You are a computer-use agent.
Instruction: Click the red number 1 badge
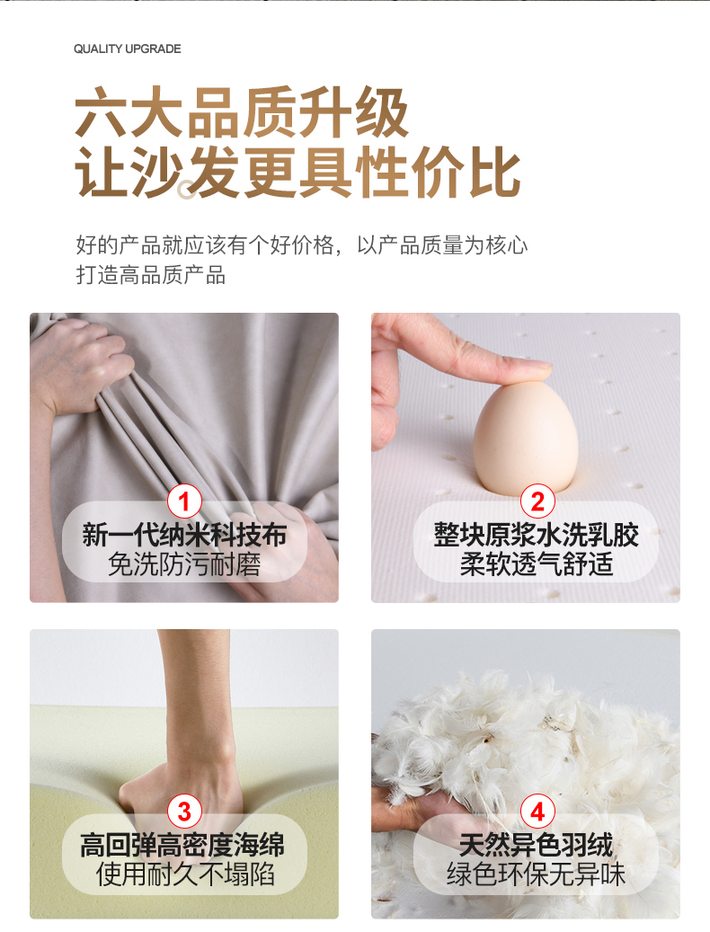[x=184, y=502]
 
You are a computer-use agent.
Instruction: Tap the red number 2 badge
[x=537, y=502]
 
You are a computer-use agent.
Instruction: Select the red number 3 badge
[x=184, y=812]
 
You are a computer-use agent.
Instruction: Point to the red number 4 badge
[x=537, y=812]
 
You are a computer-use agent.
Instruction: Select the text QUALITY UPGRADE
[x=127, y=49]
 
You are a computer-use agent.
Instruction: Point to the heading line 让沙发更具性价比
[x=297, y=172]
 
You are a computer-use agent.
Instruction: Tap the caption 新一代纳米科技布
[x=184, y=535]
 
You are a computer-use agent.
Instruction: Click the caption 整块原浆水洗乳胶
[x=537, y=535]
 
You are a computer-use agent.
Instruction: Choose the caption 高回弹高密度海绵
[x=183, y=845]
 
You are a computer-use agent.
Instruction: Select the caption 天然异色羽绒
[x=536, y=845]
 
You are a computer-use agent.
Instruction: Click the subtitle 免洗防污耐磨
[x=184, y=564]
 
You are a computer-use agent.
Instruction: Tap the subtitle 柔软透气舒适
[x=537, y=564]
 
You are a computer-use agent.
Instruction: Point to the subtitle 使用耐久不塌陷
[x=185, y=874]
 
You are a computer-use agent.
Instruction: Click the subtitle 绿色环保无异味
[x=536, y=874]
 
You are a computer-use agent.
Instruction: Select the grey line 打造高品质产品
[x=151, y=275]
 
